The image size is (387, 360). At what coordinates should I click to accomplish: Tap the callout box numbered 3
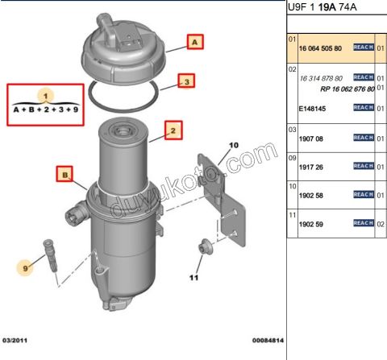(x=186, y=81)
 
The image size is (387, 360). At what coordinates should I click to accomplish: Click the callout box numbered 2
(x=172, y=128)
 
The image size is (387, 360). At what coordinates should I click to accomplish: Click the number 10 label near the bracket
(x=235, y=146)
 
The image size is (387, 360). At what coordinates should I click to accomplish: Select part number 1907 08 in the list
(x=311, y=139)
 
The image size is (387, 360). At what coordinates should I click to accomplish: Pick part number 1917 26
(x=311, y=167)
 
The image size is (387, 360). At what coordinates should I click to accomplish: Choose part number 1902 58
(x=311, y=195)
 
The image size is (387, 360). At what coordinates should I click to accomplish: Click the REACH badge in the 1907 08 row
(x=362, y=139)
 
